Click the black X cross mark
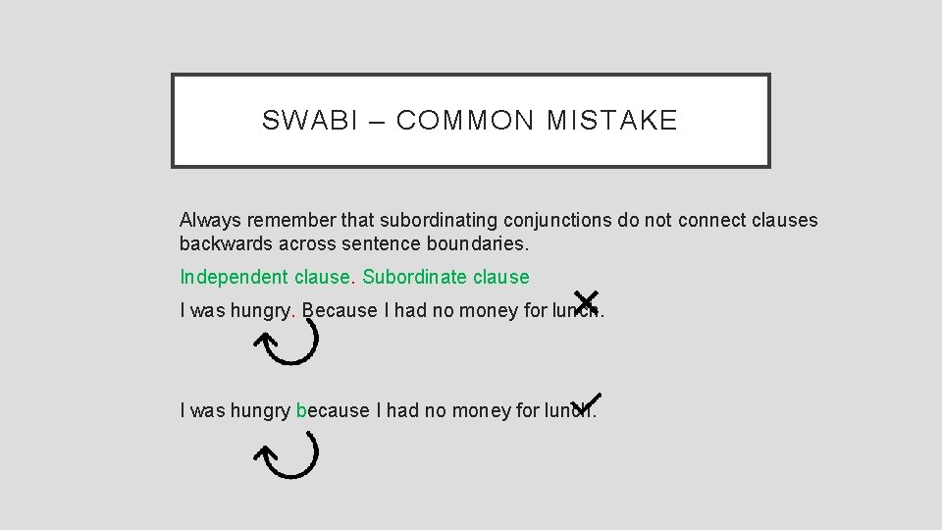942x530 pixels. [x=586, y=299]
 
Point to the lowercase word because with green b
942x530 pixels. [x=333, y=410]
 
